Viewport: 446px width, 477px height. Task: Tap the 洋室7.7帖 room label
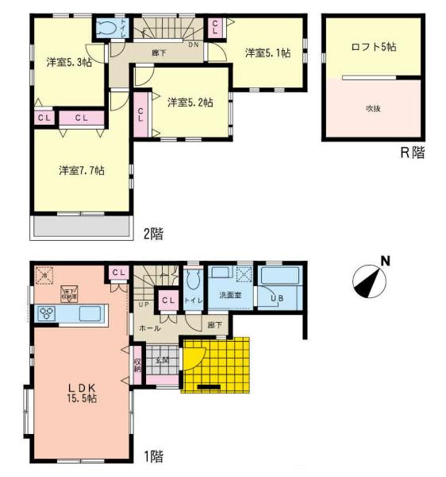point(81,170)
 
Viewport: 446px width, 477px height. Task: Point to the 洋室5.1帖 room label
point(267,52)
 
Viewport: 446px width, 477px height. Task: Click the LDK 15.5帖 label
point(81,393)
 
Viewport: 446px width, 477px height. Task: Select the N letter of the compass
point(384,259)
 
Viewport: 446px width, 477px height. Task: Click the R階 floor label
point(412,152)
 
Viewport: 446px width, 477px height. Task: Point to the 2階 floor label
point(153,234)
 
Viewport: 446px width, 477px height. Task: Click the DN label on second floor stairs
point(193,45)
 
